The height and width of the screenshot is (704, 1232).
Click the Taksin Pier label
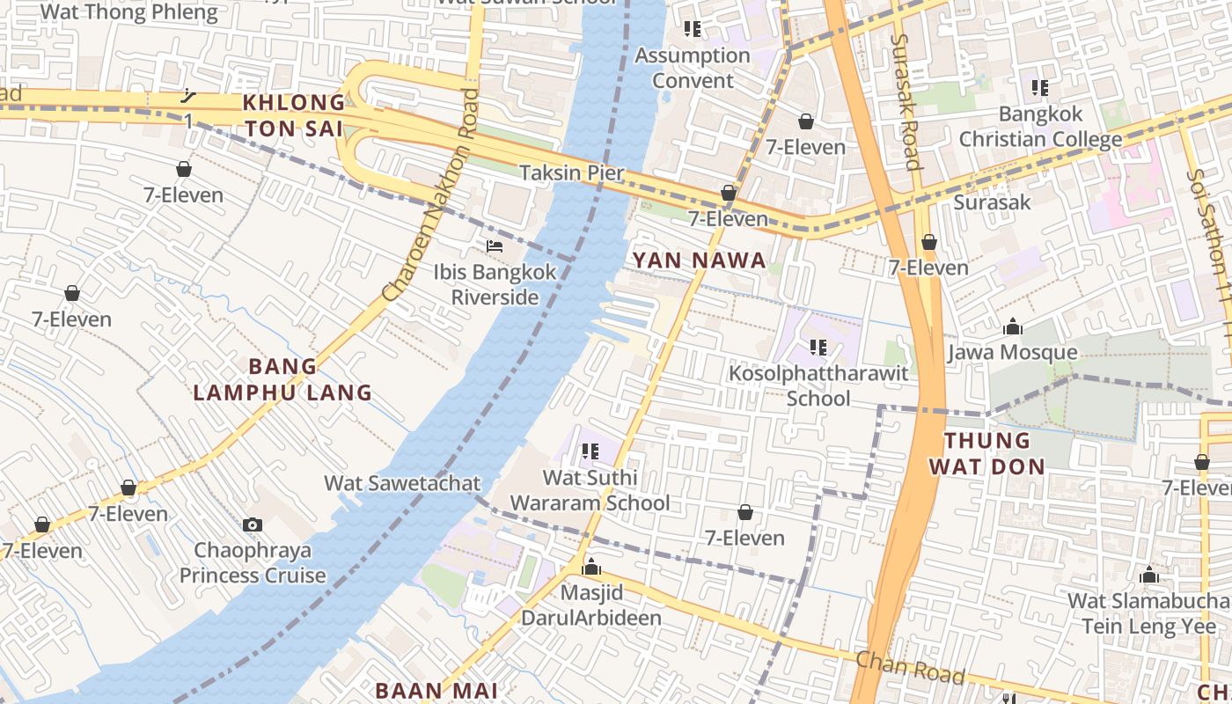tap(571, 172)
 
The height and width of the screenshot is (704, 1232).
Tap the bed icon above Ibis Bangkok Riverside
tap(495, 246)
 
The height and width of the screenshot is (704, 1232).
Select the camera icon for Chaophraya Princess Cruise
tap(253, 524)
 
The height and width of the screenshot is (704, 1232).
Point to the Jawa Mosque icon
tap(1013, 327)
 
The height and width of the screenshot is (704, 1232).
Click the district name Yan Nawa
tap(699, 260)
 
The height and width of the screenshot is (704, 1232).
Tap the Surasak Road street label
tap(905, 101)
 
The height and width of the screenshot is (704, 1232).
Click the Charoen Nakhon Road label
tap(430, 194)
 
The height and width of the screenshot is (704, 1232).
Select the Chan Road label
tap(910, 666)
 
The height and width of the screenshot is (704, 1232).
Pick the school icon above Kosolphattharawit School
tap(818, 348)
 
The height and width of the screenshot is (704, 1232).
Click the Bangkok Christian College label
tap(1040, 127)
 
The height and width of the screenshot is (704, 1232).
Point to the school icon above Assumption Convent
tap(693, 29)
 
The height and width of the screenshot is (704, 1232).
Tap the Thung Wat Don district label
tap(986, 453)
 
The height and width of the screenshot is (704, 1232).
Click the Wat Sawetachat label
tap(402, 483)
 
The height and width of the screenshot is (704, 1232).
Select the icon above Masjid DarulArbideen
tap(591, 567)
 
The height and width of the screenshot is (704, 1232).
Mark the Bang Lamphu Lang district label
tap(282, 379)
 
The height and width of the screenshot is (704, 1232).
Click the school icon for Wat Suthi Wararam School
tap(590, 451)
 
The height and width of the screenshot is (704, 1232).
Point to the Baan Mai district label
tap(436, 690)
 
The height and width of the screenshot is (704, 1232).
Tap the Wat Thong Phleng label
tap(129, 11)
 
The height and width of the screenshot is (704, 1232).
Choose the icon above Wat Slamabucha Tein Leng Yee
tap(1148, 576)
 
